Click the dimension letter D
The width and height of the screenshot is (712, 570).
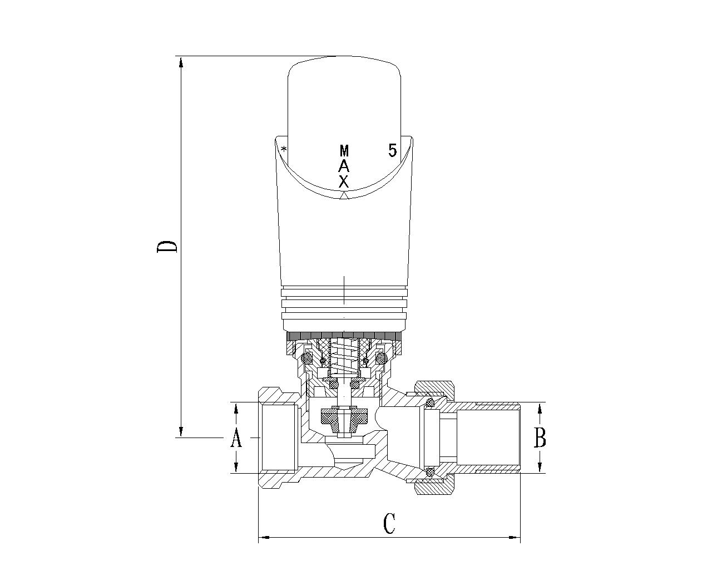[x=166, y=247]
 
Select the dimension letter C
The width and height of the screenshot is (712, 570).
[x=389, y=523]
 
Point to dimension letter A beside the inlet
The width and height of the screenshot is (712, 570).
[x=236, y=438]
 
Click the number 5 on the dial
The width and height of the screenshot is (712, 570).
[x=392, y=150]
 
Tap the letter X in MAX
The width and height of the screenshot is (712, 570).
[x=344, y=181]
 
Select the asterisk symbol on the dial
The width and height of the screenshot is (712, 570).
[x=284, y=149]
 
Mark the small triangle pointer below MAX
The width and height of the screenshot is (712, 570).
[x=344, y=196]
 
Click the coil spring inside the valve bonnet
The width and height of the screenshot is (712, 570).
[x=344, y=360]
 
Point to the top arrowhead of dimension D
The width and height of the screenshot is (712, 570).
[x=181, y=64]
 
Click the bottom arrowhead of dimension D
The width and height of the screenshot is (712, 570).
[x=181, y=430]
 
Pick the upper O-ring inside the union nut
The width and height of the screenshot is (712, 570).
[x=430, y=403]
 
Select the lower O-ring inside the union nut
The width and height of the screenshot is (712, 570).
[x=430, y=472]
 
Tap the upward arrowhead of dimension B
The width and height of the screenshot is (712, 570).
[x=540, y=410]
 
